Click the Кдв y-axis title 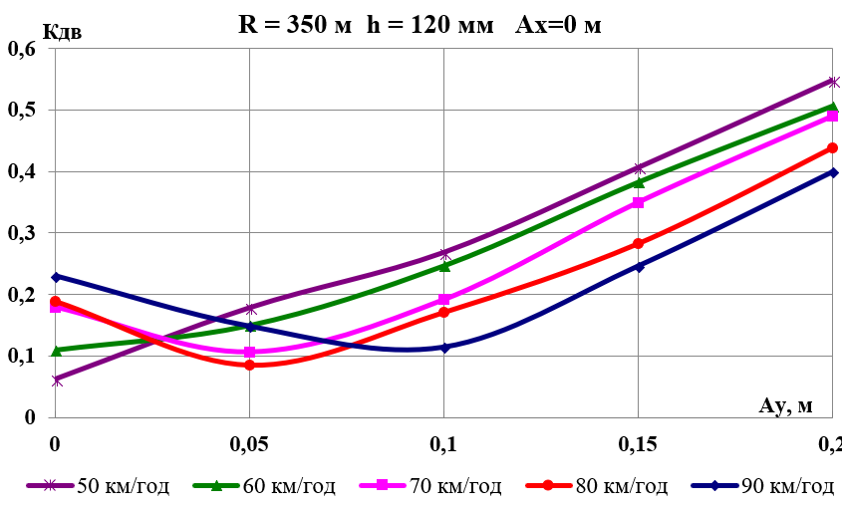[x=63, y=31]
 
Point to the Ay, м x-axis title [x=786, y=403]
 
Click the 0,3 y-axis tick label [x=21, y=232]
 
